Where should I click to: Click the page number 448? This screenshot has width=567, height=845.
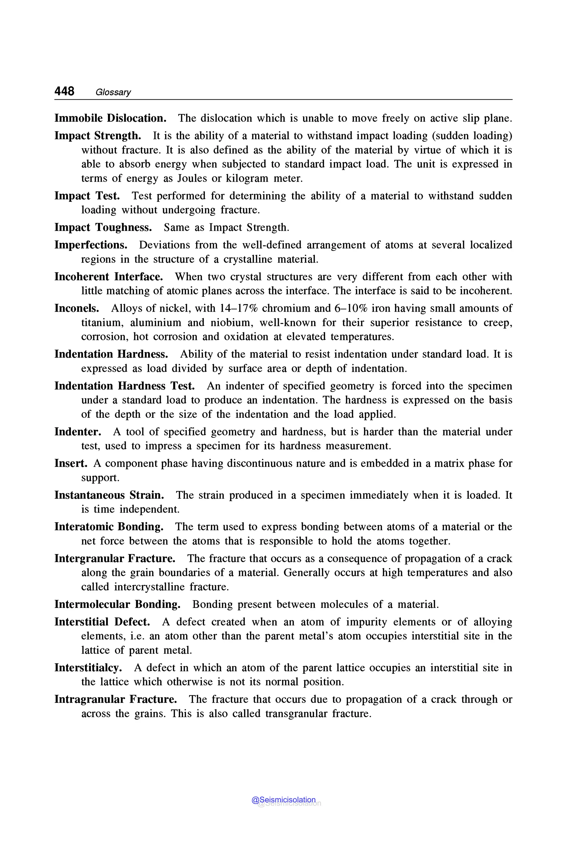[x=64, y=91]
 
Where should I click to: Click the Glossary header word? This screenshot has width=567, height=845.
[x=113, y=92]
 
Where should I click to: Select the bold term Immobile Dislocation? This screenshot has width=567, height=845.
[x=110, y=118]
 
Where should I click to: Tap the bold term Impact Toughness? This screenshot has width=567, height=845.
[x=103, y=228]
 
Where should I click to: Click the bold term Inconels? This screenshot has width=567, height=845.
[x=77, y=308]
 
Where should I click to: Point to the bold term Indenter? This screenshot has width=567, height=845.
[x=78, y=432]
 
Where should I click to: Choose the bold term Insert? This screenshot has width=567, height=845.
[x=71, y=464]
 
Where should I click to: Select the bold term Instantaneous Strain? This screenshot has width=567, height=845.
[x=109, y=495]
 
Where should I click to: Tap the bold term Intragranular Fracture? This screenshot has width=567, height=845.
[x=116, y=700]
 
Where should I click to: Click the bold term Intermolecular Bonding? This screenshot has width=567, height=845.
[x=117, y=604]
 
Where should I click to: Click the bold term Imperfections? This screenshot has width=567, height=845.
[x=91, y=245]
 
